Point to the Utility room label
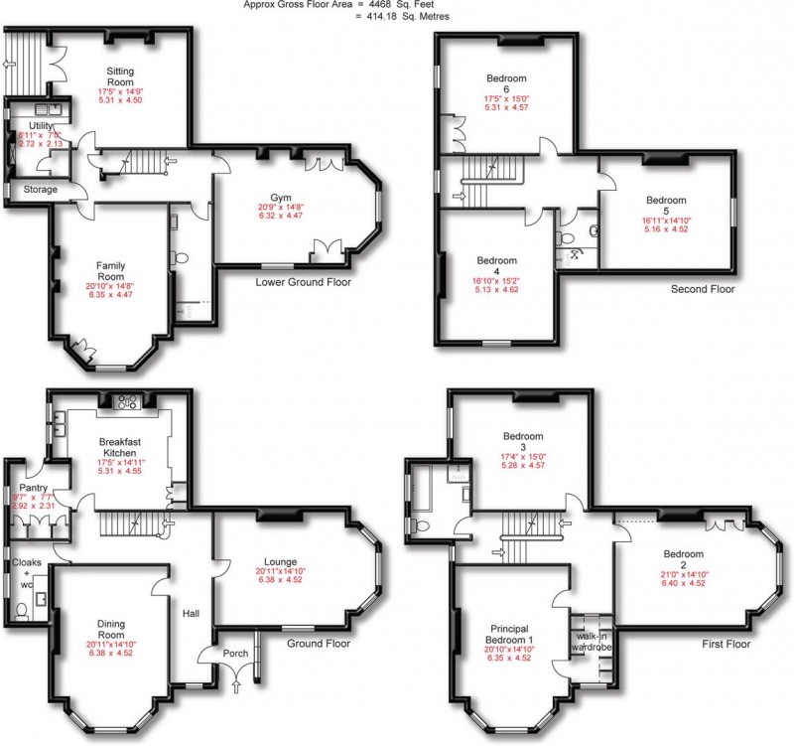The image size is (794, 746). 41,126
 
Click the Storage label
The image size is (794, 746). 41,189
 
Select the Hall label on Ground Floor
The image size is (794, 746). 192,613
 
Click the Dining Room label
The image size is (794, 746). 111,629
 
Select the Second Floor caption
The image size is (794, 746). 702,290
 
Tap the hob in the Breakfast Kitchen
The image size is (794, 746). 127,401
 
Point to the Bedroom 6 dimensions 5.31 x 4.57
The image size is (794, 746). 506,107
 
